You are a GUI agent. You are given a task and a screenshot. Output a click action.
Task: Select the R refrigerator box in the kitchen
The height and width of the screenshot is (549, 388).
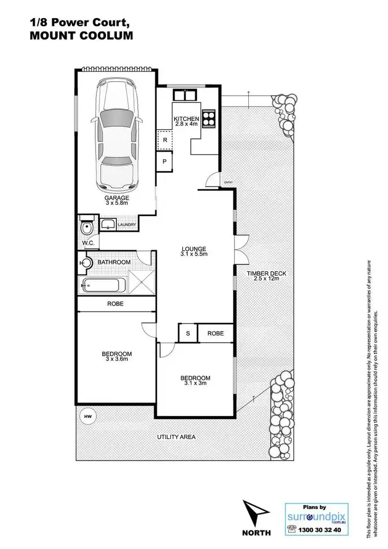pos(165,140)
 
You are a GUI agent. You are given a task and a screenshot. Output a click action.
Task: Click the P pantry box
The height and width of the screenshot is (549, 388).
pos(165,161)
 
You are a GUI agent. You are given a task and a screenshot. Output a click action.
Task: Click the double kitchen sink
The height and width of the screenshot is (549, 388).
pos(185,95)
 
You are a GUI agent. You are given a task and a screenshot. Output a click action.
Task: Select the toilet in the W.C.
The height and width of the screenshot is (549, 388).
pos(86,228)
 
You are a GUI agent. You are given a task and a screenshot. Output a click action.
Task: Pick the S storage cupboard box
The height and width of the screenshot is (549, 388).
pos(188,333)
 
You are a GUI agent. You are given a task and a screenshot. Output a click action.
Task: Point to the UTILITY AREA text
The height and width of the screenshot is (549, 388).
pos(176,437)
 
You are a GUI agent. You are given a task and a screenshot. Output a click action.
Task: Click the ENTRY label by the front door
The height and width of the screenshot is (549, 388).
pos(228,181)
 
